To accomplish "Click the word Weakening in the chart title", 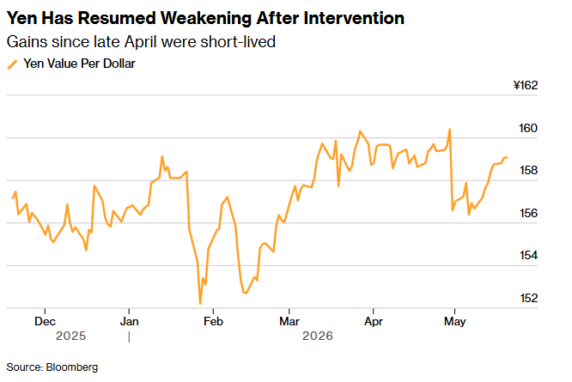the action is (206, 18).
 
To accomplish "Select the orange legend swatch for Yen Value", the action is (12, 64).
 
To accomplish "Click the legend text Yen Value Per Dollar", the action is (80, 64).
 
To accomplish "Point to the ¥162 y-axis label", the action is (526, 85).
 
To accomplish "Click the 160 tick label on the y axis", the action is (528, 128).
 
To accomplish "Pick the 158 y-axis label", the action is (528, 170).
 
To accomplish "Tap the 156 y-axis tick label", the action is (528, 213).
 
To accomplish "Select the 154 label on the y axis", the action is (528, 256).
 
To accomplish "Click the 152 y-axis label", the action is (528, 298).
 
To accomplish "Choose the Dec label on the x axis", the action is (45, 322).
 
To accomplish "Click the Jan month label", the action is (129, 322).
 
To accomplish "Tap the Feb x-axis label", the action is (213, 322).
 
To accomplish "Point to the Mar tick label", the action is (289, 322).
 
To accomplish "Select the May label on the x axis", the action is (454, 322).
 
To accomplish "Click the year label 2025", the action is (70, 336).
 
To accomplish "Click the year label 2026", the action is (318, 336).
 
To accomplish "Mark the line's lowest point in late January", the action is (200, 303).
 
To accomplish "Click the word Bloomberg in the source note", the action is (72, 367).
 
